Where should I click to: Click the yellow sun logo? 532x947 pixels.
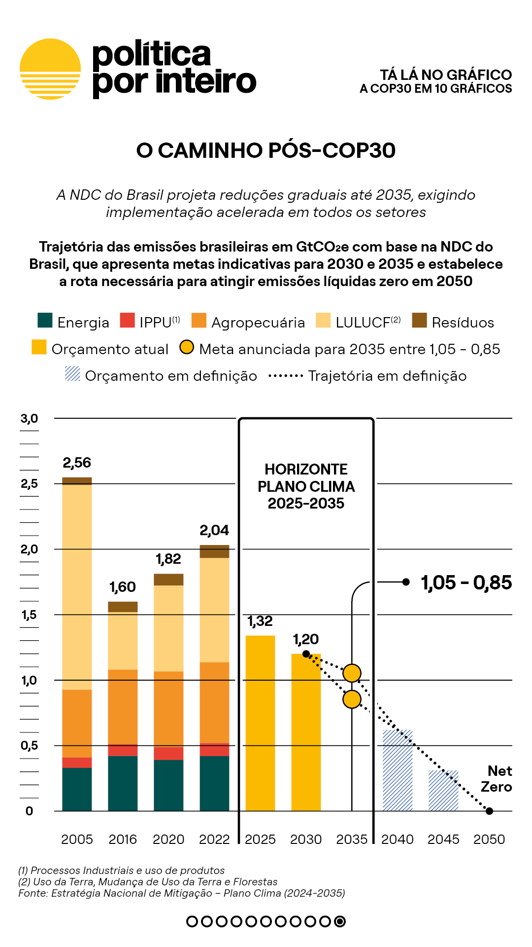coord(50,69)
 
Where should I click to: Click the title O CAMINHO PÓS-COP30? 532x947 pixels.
coord(266,150)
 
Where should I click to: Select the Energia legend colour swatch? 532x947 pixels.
coord(45,320)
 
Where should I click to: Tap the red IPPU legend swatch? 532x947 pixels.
coord(127,320)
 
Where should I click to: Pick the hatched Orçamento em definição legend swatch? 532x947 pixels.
coord(72,373)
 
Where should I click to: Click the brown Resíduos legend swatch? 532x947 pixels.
coord(419,320)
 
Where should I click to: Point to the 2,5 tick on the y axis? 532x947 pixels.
coord(29,483)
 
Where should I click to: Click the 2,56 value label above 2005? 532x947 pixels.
coord(77,463)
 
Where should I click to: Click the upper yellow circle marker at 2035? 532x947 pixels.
coord(352,673)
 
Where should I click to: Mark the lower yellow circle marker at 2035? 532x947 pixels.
coord(352,699)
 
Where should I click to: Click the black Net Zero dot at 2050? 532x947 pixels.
coord(489,811)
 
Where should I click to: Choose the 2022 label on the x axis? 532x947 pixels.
coord(214,839)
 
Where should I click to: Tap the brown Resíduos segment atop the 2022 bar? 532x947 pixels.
coord(214,551)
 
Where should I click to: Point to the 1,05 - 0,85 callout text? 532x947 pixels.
coord(466,583)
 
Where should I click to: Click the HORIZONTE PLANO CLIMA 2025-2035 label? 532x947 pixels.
coord(306,486)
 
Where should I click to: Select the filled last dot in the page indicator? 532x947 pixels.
coord(340,921)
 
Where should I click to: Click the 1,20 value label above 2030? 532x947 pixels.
coord(306,639)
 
